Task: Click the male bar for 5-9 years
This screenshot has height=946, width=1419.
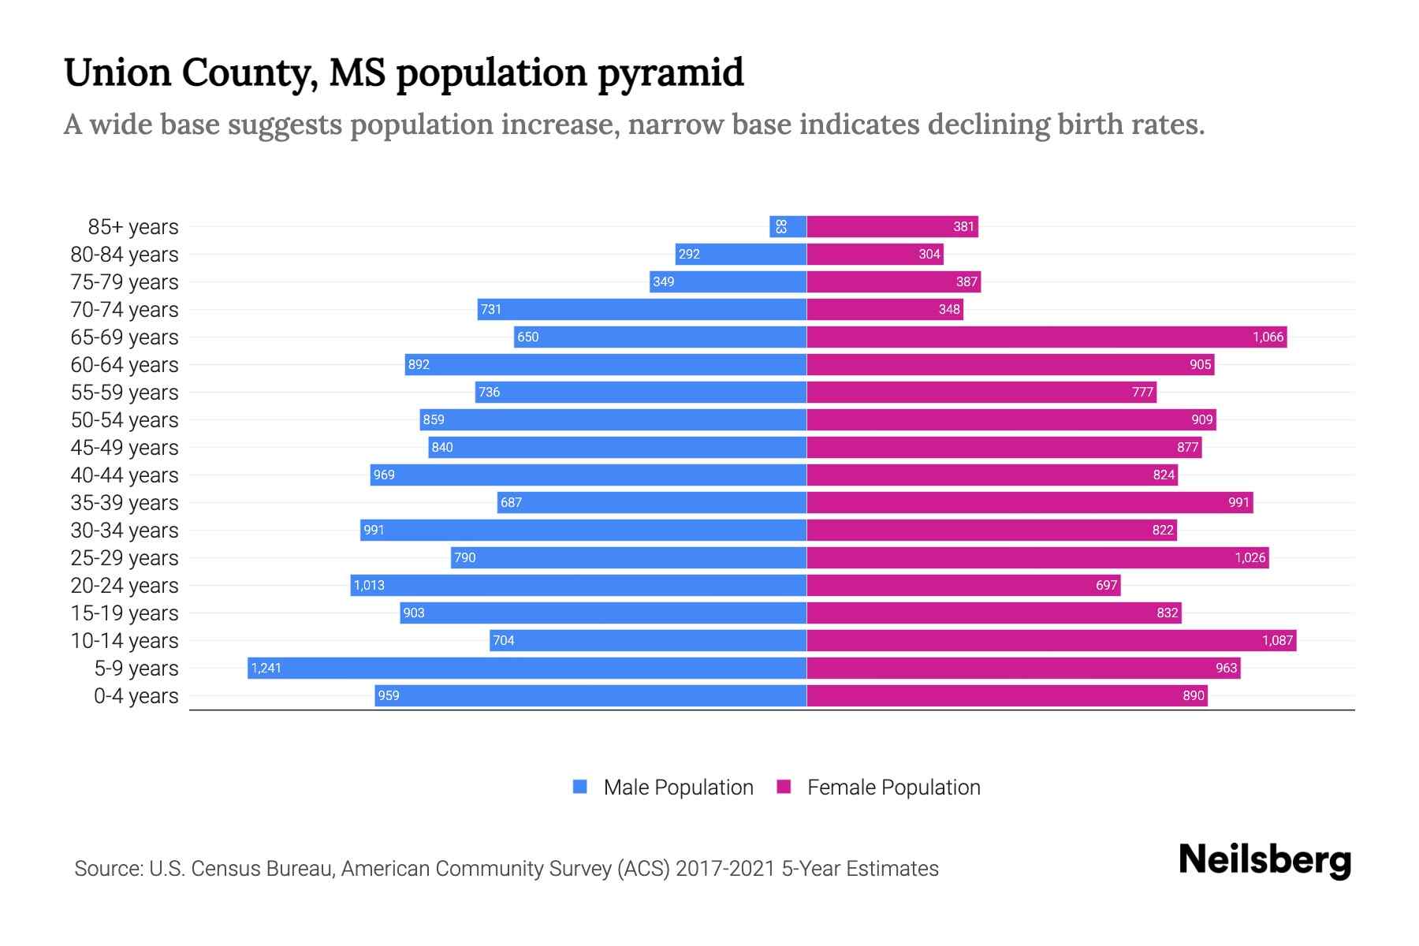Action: coord(527,668)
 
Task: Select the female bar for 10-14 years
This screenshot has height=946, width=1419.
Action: coord(1051,640)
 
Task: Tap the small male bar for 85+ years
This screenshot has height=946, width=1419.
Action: coord(788,226)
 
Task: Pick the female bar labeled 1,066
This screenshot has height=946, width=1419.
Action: coord(1046,337)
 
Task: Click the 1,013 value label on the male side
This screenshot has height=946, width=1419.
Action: coord(369,585)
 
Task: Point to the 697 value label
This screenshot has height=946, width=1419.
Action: coord(1106,585)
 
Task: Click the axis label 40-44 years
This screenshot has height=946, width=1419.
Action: coord(125,475)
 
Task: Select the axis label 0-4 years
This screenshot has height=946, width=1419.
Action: coord(136,696)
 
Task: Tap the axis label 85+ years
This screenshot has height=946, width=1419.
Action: coord(132,227)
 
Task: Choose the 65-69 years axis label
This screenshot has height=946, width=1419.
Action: coord(125,337)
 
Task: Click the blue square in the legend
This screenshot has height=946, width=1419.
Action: coord(580,787)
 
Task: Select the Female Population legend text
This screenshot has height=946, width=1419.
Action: coord(893,788)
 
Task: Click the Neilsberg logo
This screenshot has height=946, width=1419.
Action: coord(1264,860)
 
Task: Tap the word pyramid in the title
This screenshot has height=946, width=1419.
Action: coord(670,73)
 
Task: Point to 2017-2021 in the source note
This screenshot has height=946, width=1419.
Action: coord(725,869)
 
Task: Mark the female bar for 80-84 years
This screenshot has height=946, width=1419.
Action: coord(874,254)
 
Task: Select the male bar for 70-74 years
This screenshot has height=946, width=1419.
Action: coord(642,309)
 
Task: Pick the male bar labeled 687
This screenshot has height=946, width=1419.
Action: coord(651,502)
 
